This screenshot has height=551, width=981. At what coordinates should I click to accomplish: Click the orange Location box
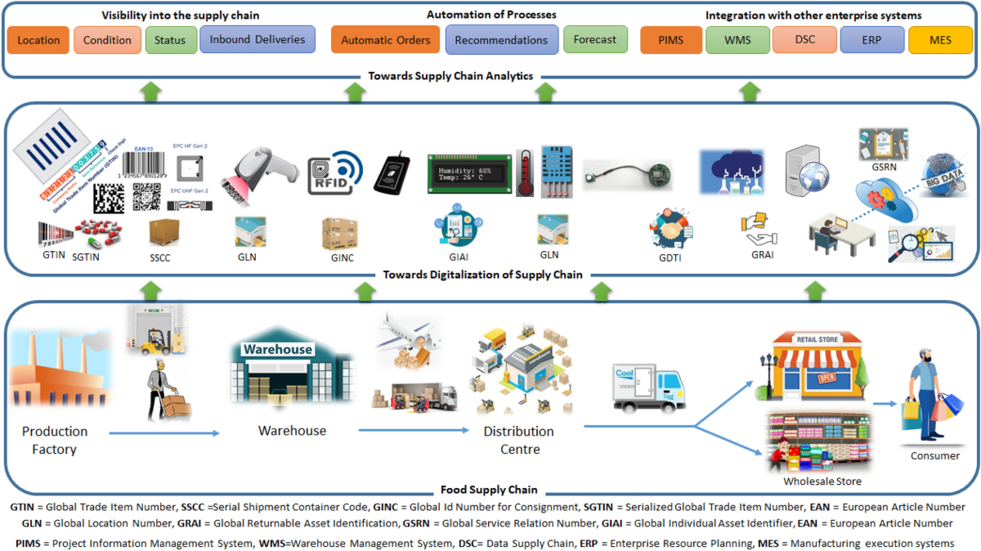[38, 40]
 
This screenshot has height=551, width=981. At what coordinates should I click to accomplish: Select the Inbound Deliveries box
[257, 39]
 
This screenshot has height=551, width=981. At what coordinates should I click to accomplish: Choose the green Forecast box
[595, 39]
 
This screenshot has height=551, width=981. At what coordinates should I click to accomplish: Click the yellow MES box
[940, 40]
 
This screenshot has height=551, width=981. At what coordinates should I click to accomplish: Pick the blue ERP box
[871, 40]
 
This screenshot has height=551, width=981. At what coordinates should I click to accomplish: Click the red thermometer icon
[525, 172]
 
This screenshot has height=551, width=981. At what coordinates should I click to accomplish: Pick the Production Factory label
[55, 440]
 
